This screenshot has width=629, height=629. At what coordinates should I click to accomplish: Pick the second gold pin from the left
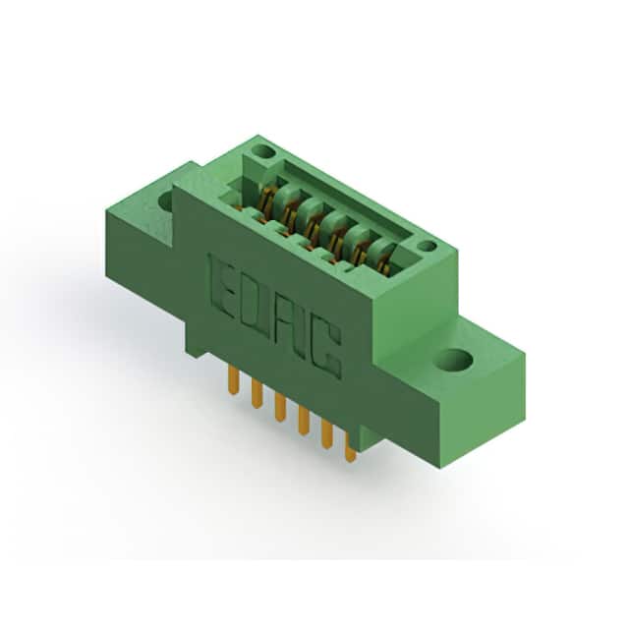click(x=257, y=394)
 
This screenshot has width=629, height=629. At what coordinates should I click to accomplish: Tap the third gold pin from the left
click(x=280, y=407)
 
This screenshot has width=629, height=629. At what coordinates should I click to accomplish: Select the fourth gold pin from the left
click(x=304, y=421)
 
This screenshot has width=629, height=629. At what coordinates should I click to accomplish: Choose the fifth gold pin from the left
click(x=326, y=434)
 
